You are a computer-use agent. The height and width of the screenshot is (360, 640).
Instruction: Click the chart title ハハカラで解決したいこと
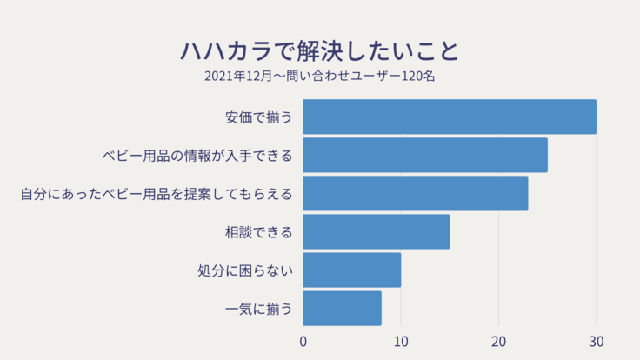319,50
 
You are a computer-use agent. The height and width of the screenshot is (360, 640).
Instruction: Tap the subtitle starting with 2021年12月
319,77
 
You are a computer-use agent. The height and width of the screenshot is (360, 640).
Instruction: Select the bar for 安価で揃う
450,117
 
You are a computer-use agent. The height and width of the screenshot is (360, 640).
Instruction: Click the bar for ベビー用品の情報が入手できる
425,155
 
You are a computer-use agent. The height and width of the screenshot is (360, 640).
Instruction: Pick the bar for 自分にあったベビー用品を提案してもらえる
416,193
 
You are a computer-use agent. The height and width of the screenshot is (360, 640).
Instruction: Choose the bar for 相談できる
377,231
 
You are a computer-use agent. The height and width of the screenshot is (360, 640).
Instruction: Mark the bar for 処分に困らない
352,270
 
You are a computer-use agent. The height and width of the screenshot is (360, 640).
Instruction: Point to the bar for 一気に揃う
343,308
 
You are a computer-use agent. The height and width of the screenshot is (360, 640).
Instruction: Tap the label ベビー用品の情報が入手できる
197,156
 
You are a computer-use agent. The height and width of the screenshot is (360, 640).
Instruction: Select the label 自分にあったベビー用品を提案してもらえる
157,194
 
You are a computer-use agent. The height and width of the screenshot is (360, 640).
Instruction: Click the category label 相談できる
258,232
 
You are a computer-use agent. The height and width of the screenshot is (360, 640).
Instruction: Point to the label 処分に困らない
245,270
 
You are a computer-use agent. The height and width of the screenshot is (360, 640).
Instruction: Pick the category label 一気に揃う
258,309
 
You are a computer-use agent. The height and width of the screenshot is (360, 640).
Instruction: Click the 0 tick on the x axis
303,342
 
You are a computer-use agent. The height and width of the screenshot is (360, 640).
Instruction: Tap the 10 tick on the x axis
401,342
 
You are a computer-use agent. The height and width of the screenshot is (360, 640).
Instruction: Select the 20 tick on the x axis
498,342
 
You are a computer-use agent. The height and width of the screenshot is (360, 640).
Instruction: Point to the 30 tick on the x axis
596,342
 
